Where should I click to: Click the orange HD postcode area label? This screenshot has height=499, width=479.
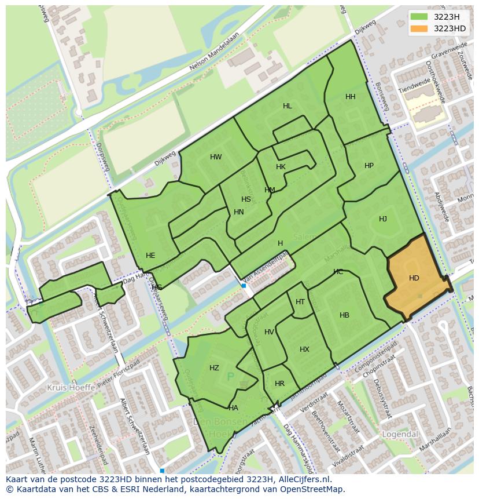[414, 278]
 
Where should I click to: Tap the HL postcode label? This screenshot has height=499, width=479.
[288, 106]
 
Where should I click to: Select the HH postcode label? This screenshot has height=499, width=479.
[351, 97]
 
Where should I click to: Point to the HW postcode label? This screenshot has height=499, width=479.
[216, 157]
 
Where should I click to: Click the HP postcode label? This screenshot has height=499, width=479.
[369, 166]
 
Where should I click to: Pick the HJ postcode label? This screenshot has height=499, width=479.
[383, 219]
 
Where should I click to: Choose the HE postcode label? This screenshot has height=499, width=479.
[150, 256]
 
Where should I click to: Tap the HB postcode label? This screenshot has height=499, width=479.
[345, 315]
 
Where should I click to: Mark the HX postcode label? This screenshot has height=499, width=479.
[305, 349]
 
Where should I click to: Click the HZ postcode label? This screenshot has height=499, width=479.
[215, 368]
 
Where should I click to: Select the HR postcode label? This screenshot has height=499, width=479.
[280, 384]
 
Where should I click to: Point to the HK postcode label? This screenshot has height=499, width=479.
[281, 167]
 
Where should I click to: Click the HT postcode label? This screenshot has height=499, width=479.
[300, 302]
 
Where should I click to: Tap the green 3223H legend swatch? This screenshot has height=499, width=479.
[419, 17]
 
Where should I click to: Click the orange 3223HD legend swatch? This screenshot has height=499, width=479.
[419, 28]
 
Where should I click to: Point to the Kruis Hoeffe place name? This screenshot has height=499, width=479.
[70, 387]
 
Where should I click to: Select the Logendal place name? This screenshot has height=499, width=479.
[400, 434]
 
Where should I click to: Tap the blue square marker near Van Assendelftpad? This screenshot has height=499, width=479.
[244, 286]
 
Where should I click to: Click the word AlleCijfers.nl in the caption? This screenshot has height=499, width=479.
[303, 479]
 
